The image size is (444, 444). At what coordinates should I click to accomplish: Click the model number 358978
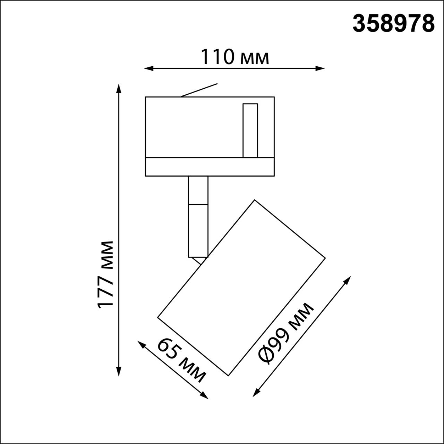(393, 24)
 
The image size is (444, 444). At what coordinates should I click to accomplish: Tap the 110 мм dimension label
(235, 57)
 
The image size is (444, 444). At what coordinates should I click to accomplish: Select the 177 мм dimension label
(105, 274)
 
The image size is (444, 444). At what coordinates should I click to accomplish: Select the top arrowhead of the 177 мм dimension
(119, 88)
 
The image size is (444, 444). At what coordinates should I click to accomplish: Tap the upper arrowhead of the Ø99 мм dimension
(348, 279)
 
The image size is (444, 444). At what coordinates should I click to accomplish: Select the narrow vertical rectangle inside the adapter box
(250, 130)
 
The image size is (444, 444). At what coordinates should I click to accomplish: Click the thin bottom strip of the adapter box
(210, 167)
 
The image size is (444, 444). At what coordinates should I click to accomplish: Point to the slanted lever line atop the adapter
(199, 90)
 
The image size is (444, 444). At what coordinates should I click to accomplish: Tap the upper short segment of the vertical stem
(198, 190)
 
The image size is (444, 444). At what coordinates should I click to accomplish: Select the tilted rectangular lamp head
(241, 288)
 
